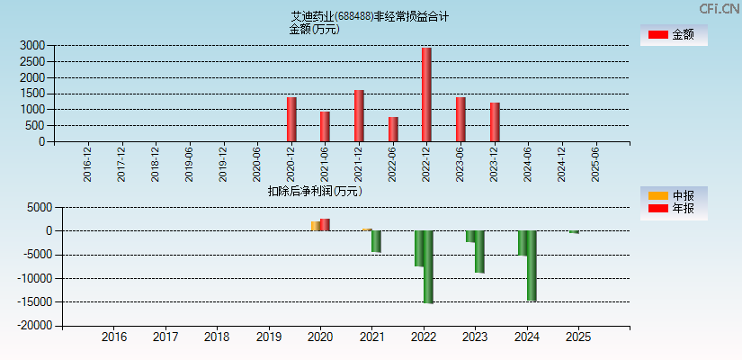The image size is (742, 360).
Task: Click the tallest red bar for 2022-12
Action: pyautogui.click(x=426, y=94)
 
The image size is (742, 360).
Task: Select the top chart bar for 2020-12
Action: pyautogui.click(x=291, y=119)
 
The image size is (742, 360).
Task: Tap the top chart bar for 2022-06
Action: pyautogui.click(x=393, y=129)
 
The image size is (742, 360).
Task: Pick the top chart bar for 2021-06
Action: pyautogui.click(x=325, y=126)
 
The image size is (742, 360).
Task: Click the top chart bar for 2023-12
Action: pyautogui.click(x=495, y=121)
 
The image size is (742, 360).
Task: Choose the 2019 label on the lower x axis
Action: pyautogui.click(x=268, y=337)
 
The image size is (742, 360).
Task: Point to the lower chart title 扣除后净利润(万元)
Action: pyautogui.click(x=315, y=191)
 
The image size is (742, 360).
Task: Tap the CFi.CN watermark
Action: pyautogui.click(x=720, y=8)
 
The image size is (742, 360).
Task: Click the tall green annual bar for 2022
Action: pyautogui.click(x=428, y=266)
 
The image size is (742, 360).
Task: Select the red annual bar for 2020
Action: pyautogui.click(x=325, y=224)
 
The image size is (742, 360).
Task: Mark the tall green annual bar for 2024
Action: pyautogui.click(x=532, y=265)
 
